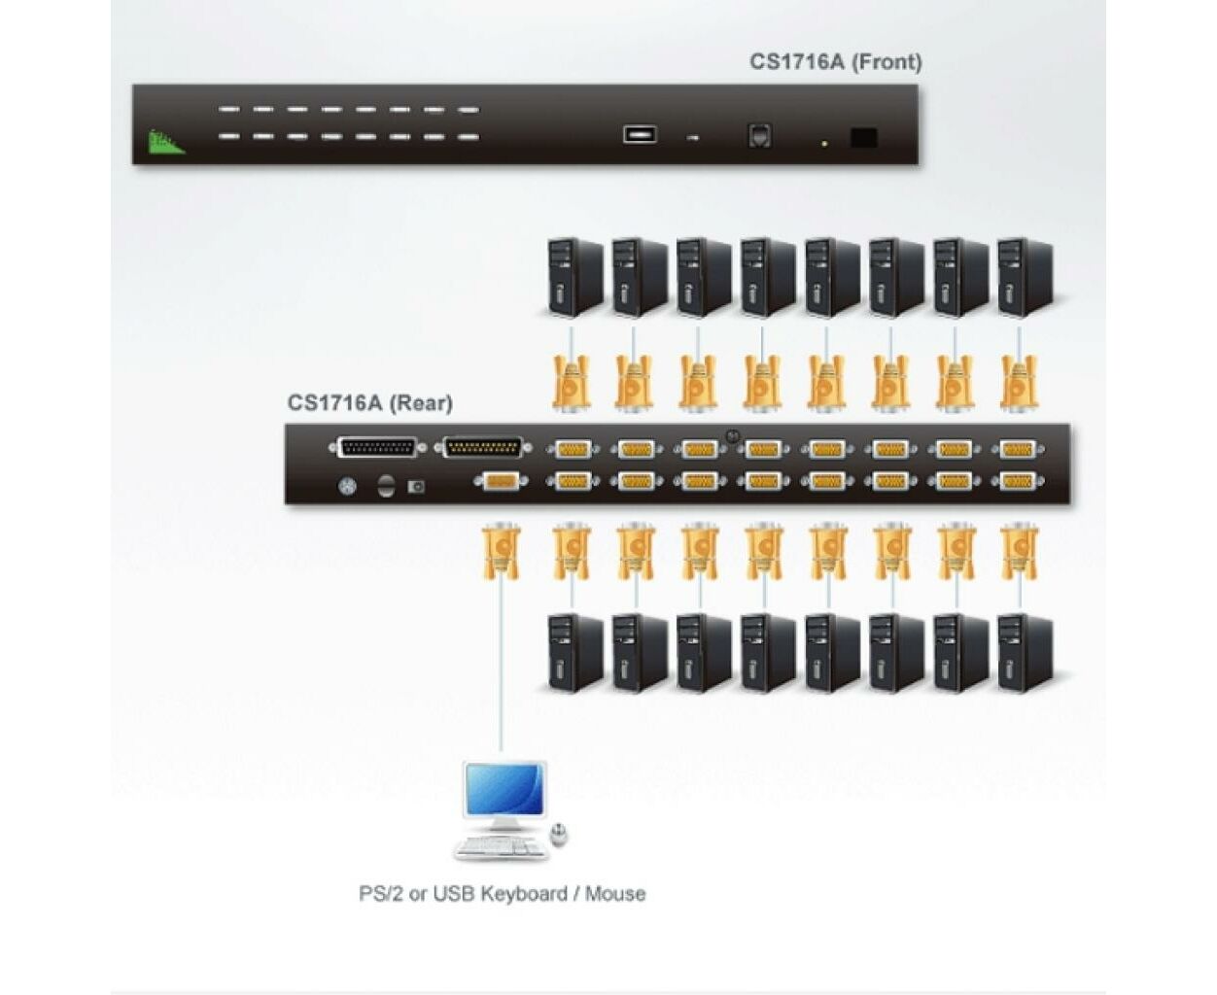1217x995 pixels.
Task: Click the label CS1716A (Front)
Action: (x=835, y=62)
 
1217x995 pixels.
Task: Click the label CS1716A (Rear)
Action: (x=370, y=402)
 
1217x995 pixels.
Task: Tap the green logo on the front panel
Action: (x=165, y=142)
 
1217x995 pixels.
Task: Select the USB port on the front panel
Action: (x=640, y=134)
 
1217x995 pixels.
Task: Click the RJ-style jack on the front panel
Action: (x=759, y=136)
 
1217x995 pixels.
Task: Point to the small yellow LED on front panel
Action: (x=824, y=143)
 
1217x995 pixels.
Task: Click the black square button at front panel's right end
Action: (x=864, y=138)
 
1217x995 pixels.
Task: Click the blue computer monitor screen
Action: (x=504, y=789)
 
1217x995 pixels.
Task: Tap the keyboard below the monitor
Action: (x=501, y=846)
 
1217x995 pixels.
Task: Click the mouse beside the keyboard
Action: (x=559, y=835)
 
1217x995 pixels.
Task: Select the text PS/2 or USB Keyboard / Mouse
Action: (x=502, y=894)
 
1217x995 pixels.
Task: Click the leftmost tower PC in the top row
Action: (x=574, y=278)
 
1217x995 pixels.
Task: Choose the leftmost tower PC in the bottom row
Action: (x=574, y=653)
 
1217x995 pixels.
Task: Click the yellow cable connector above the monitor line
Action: (x=501, y=551)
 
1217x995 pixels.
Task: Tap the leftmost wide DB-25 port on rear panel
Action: (x=377, y=448)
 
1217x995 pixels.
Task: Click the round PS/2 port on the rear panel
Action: (x=346, y=487)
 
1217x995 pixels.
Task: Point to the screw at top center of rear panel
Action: (x=732, y=435)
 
